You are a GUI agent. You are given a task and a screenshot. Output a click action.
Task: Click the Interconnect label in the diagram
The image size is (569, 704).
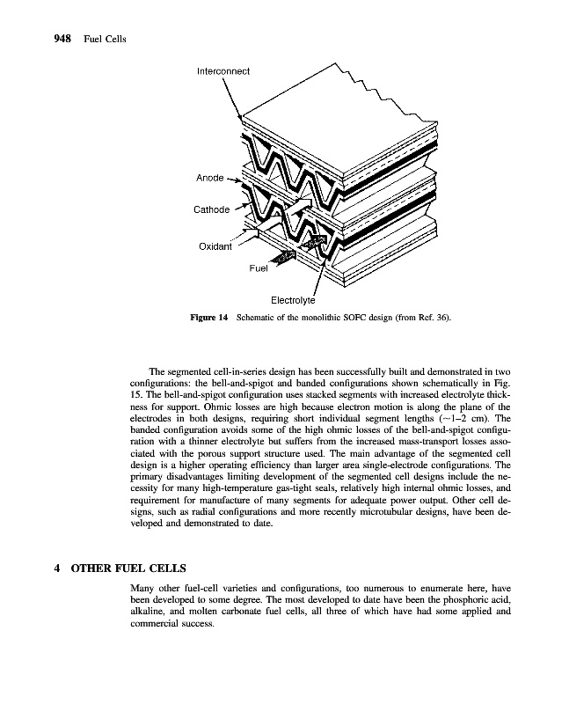pyautogui.click(x=223, y=70)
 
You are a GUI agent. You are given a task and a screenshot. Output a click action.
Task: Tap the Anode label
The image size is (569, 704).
pyautogui.click(x=209, y=178)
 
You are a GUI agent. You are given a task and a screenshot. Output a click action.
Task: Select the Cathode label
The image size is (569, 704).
pyautogui.click(x=211, y=209)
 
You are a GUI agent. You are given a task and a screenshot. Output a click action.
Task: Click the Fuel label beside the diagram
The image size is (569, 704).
pyautogui.click(x=258, y=269)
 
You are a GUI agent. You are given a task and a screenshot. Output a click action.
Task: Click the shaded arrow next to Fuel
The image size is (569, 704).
pyautogui.click(x=288, y=256)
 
